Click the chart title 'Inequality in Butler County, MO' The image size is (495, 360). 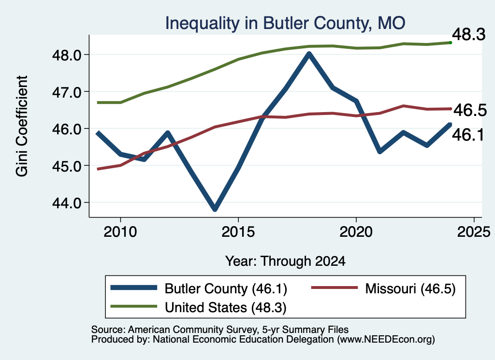pyautogui.click(x=285, y=23)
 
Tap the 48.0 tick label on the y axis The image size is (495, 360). pyautogui.click(x=67, y=55)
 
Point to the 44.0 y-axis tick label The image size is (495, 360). pyautogui.click(x=67, y=203)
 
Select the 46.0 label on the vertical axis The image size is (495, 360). pyautogui.click(x=67, y=129)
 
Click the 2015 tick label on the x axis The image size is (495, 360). pyautogui.click(x=238, y=232)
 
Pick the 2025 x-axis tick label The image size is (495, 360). pyautogui.click(x=474, y=232)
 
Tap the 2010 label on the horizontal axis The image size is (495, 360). pyautogui.click(x=120, y=232)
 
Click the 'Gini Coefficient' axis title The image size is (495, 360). pyautogui.click(x=22, y=126)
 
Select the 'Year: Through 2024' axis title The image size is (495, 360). pyautogui.click(x=285, y=261)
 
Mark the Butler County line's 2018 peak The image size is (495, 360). pyautogui.click(x=309, y=54)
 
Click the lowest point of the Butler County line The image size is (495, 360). pyautogui.click(x=215, y=208)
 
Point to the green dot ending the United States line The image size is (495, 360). pyautogui.click(x=451, y=43)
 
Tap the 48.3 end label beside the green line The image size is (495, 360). pyautogui.click(x=468, y=34)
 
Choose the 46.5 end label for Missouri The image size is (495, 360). pyautogui.click(x=470, y=110)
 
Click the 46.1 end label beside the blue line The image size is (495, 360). pyautogui.click(x=468, y=135)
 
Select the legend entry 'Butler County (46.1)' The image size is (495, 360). pyautogui.click(x=199, y=288)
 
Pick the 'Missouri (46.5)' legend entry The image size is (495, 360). pyautogui.click(x=383, y=288)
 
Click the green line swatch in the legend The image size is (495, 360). pyautogui.click(x=133, y=306)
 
